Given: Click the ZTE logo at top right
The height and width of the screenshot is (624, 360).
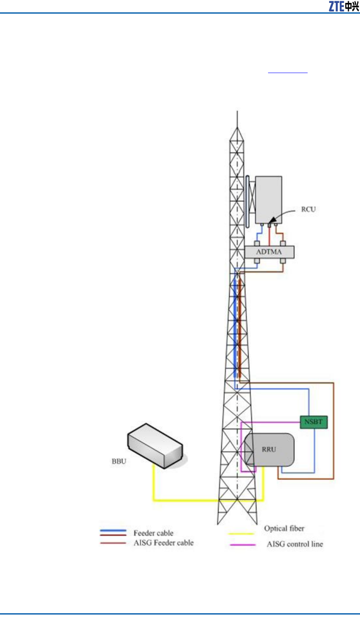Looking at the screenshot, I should point(344,6).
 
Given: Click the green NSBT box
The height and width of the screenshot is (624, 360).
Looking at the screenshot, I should point(313,422).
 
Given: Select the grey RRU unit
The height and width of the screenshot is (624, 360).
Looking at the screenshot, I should point(270,449).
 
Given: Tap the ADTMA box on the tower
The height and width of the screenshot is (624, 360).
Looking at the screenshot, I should point(269,252).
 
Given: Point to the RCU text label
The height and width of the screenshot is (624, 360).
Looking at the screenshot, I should point(308,209).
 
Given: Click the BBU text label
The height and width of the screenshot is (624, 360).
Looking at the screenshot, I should point(119,461).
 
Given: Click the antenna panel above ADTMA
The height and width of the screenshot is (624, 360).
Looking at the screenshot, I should point(268,200).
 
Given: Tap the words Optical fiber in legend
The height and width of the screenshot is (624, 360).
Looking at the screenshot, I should point(284,528).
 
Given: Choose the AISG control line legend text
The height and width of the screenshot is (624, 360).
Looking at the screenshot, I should point(294,544).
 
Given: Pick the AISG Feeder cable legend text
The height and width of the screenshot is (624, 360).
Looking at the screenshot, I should point(163,543).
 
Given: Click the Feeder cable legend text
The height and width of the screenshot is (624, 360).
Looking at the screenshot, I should point(153,533).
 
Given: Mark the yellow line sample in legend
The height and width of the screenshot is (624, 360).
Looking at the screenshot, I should point(241,534).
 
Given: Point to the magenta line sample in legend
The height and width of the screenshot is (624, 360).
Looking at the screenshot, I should point(242,545).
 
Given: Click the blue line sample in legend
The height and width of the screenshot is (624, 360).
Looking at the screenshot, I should point(113,530).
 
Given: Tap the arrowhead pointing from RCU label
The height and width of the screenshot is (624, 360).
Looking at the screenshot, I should point(272,223).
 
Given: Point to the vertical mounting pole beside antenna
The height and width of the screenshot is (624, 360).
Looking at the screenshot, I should point(247,201).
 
